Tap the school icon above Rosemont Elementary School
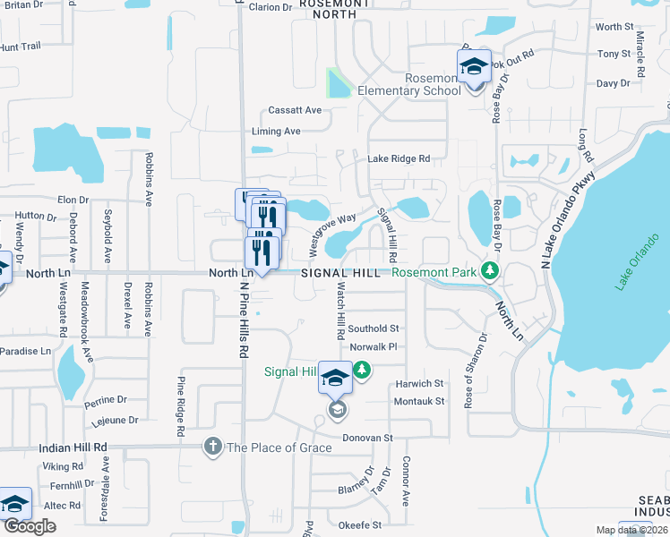pos(475,67)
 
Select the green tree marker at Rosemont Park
pos(489,269)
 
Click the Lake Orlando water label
pos(634,268)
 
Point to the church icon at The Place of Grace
pos(213,447)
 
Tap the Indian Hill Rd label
pos(73,447)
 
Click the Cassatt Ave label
pos(295,110)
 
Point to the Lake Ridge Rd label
pos(399,158)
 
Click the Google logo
pos(30,526)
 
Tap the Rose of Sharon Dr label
pos(474,371)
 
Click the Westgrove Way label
pos(332,230)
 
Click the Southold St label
pos(374,328)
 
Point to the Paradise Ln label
pos(25,351)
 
